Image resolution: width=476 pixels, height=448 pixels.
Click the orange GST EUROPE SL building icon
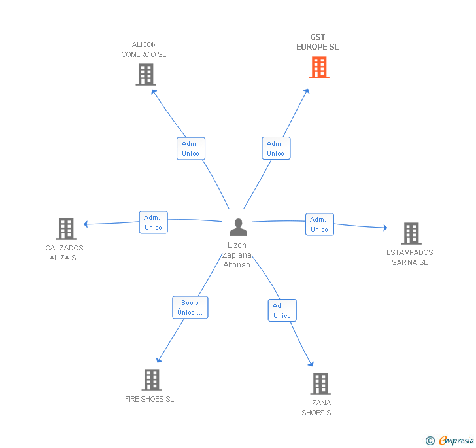(x=319, y=67)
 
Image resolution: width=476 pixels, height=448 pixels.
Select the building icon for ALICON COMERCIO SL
(x=146, y=75)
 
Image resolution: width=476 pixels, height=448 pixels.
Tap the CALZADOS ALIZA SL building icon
(x=66, y=229)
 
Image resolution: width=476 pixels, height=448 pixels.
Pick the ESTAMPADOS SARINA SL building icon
(x=411, y=233)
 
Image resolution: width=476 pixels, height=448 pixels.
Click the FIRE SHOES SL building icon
(x=152, y=380)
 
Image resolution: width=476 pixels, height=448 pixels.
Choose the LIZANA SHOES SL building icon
(x=320, y=384)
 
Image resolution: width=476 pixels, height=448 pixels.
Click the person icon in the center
(x=238, y=227)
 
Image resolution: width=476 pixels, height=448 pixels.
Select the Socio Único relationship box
(x=190, y=307)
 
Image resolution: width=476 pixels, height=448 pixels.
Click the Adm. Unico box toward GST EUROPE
(x=276, y=148)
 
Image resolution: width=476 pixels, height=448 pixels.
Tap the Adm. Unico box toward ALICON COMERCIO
(x=191, y=148)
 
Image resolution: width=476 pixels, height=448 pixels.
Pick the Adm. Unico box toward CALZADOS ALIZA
(x=153, y=222)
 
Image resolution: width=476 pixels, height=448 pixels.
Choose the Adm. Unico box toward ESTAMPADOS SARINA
(x=320, y=224)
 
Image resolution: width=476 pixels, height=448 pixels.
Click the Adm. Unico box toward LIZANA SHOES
(x=282, y=311)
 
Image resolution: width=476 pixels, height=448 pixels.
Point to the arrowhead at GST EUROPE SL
(x=307, y=91)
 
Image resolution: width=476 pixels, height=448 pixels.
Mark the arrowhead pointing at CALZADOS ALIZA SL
(x=86, y=224)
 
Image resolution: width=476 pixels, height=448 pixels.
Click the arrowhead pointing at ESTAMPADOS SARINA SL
(x=385, y=228)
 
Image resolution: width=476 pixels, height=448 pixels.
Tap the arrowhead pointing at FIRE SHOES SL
(x=159, y=360)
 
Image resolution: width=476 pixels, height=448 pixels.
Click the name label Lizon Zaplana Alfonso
(x=237, y=255)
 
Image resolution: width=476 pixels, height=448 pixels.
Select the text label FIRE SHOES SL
(x=149, y=399)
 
